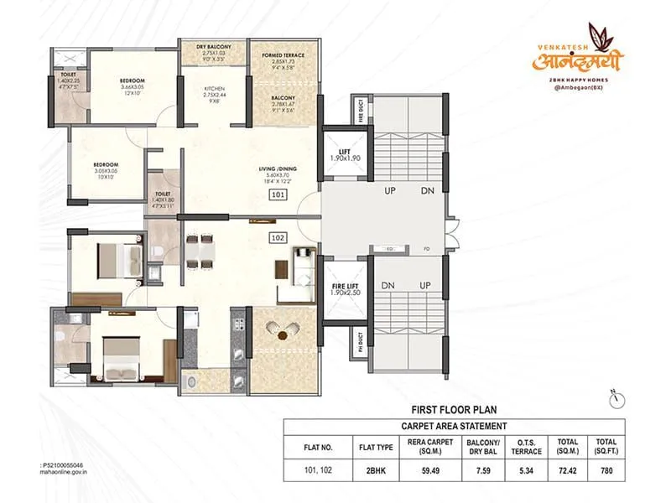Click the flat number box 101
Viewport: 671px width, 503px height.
coord(278,194)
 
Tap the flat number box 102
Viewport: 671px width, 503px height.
coord(278,237)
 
